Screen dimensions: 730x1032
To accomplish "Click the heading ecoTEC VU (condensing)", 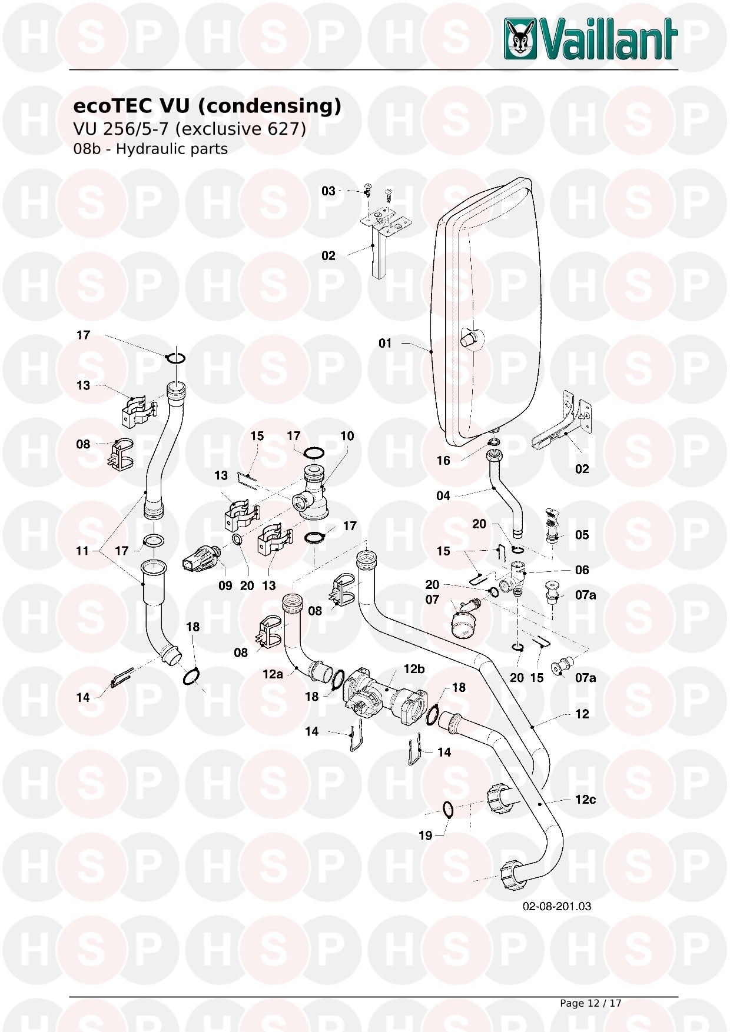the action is tap(207, 106).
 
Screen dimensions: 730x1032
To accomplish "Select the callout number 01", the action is tap(385, 343).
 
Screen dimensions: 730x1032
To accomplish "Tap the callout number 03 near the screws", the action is tap(328, 191).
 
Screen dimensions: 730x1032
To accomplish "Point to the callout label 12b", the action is tap(414, 669).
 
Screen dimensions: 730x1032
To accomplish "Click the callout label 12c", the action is tap(585, 799).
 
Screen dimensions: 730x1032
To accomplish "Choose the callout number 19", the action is tap(425, 835).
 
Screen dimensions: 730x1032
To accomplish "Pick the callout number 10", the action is tap(347, 436).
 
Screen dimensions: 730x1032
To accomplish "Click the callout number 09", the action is tap(225, 586).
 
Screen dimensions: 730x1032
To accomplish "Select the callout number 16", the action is tap(443, 461).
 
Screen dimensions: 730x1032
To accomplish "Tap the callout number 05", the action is tap(582, 535).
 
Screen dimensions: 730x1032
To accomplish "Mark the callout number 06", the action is tap(582, 570).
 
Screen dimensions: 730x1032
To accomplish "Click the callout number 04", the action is tap(443, 496).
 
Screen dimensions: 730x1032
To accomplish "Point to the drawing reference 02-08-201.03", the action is tap(557, 906).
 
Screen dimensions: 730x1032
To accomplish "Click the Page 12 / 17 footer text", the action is tap(590, 1003).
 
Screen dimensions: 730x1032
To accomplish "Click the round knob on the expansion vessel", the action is tap(469, 338).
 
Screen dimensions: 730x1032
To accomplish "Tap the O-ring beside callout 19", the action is tap(447, 810).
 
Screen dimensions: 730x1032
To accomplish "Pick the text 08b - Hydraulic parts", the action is tap(150, 149).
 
